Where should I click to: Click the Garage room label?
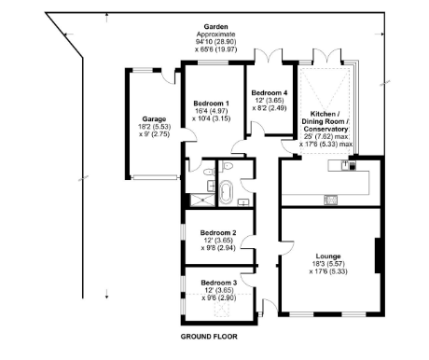point(153,119)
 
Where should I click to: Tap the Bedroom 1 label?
point(211,103)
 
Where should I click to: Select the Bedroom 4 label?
point(270,90)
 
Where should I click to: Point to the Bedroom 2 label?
point(221,232)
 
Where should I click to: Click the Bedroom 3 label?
point(221,282)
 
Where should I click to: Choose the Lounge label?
point(327,256)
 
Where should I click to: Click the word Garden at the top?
point(220,28)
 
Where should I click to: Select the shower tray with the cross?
point(199,197)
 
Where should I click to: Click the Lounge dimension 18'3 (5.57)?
point(327,265)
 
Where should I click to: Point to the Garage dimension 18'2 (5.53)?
point(153,128)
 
